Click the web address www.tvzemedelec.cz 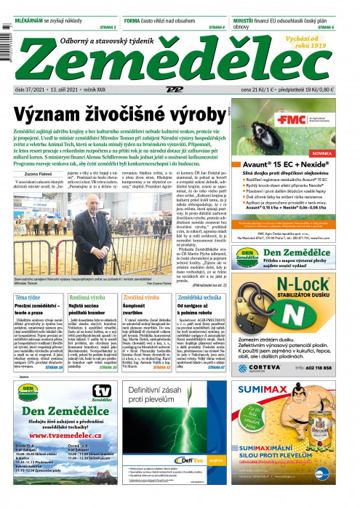click(55, 445)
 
